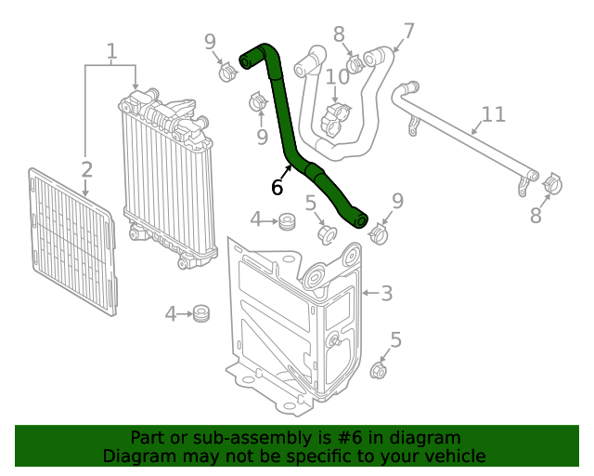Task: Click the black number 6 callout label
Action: pyautogui.click(x=277, y=187)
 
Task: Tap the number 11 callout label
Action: pyautogui.click(x=493, y=114)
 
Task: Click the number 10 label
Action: pyautogui.click(x=337, y=75)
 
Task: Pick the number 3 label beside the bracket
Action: pyautogui.click(x=386, y=294)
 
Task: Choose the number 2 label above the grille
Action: pyautogui.click(x=86, y=169)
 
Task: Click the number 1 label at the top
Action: pyautogui.click(x=111, y=51)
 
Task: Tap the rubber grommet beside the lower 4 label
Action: pyautogui.click(x=200, y=314)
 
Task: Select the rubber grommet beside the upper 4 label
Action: pyautogui.click(x=287, y=221)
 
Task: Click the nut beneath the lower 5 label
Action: pyautogui.click(x=379, y=371)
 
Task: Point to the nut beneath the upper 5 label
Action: pyautogui.click(x=326, y=231)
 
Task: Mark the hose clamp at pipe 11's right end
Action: pyautogui.click(x=550, y=184)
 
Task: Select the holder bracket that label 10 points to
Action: pyautogui.click(x=335, y=120)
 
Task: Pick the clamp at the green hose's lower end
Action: pyautogui.click(x=379, y=232)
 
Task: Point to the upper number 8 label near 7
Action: pyautogui.click(x=339, y=34)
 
